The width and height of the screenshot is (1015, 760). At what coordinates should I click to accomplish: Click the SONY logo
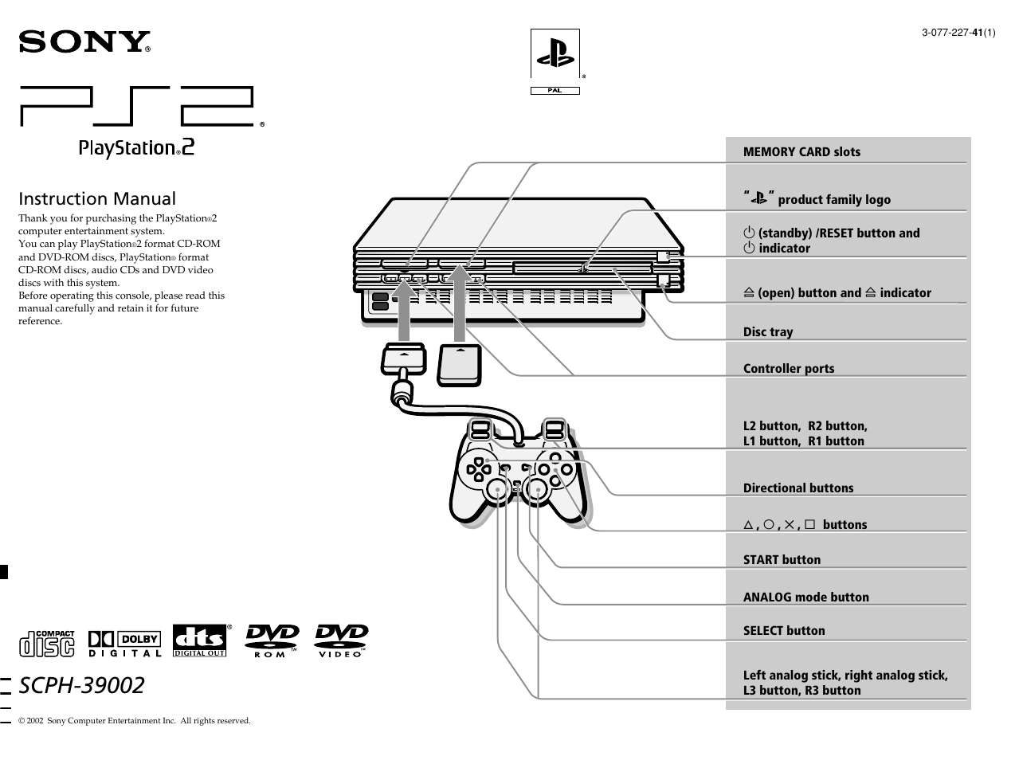pyautogui.click(x=84, y=41)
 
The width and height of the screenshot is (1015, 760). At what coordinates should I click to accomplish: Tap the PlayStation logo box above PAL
pyautogui.click(x=555, y=54)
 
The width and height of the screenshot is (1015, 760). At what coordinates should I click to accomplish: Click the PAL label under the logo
pyautogui.click(x=555, y=91)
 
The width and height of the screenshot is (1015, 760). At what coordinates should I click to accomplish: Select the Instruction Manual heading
pyautogui.click(x=97, y=199)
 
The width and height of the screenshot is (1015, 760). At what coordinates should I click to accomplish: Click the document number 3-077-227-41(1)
pyautogui.click(x=958, y=33)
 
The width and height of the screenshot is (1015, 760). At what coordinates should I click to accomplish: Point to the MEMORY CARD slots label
pyautogui.click(x=801, y=152)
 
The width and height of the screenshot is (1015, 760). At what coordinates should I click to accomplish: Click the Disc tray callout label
pyautogui.click(x=768, y=332)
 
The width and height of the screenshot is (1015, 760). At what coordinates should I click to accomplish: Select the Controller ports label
pyautogui.click(x=789, y=369)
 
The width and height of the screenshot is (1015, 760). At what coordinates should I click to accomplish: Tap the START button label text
pyautogui.click(x=782, y=560)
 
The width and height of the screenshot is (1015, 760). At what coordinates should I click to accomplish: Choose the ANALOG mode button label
pyautogui.click(x=805, y=597)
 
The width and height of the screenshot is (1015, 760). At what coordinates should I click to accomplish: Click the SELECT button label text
pyautogui.click(x=784, y=631)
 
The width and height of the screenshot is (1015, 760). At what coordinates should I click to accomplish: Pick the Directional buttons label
pyautogui.click(x=797, y=488)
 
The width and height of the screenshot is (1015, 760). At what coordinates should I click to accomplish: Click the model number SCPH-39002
pyautogui.click(x=81, y=685)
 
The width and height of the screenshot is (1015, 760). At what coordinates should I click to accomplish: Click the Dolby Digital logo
pyautogui.click(x=125, y=643)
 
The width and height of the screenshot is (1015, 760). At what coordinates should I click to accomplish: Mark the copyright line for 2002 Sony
pyautogui.click(x=134, y=721)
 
